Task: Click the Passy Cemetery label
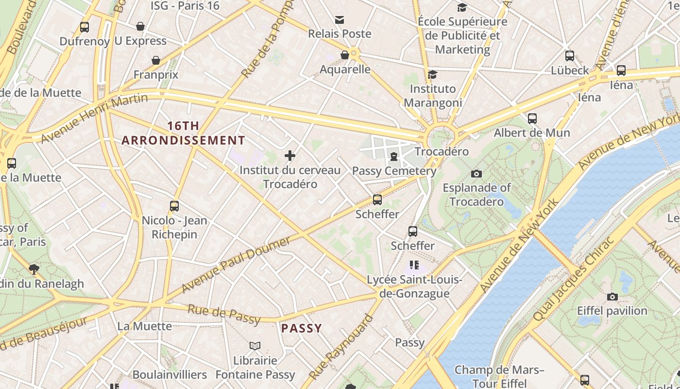(x=394, y=171)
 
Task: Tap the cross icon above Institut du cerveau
(x=290, y=156)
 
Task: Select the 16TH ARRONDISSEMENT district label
(x=183, y=133)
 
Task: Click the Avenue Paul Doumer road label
(x=236, y=265)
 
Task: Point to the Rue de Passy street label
(x=224, y=314)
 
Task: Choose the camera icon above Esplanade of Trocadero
(x=476, y=174)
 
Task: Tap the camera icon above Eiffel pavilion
(x=612, y=297)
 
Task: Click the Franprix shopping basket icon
(x=156, y=60)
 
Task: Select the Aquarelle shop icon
(x=345, y=55)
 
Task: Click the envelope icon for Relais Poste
(x=340, y=19)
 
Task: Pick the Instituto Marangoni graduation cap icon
(x=432, y=74)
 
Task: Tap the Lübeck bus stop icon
(x=570, y=56)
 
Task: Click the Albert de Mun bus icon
(x=532, y=118)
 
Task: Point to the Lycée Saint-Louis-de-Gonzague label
(x=414, y=286)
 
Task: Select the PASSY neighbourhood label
(x=301, y=328)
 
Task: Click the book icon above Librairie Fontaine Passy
(x=255, y=346)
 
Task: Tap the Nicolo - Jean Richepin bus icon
(x=174, y=206)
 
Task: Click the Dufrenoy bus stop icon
(x=85, y=27)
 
